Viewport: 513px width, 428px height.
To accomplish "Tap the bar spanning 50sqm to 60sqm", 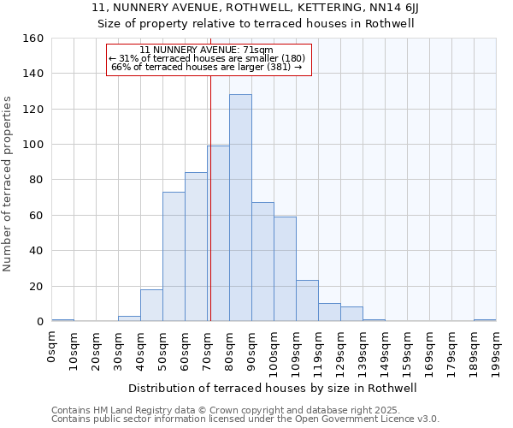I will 174,257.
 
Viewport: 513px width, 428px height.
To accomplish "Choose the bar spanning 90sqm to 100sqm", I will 262,262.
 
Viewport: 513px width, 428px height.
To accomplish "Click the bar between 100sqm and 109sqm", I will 285,269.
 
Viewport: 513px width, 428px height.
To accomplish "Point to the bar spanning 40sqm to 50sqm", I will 151,306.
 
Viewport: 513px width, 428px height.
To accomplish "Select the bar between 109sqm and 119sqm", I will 307,300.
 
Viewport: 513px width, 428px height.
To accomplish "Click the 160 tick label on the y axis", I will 32,39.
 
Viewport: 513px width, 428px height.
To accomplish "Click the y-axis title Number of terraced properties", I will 9,184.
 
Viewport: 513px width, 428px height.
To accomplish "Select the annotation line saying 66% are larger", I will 207,67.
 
